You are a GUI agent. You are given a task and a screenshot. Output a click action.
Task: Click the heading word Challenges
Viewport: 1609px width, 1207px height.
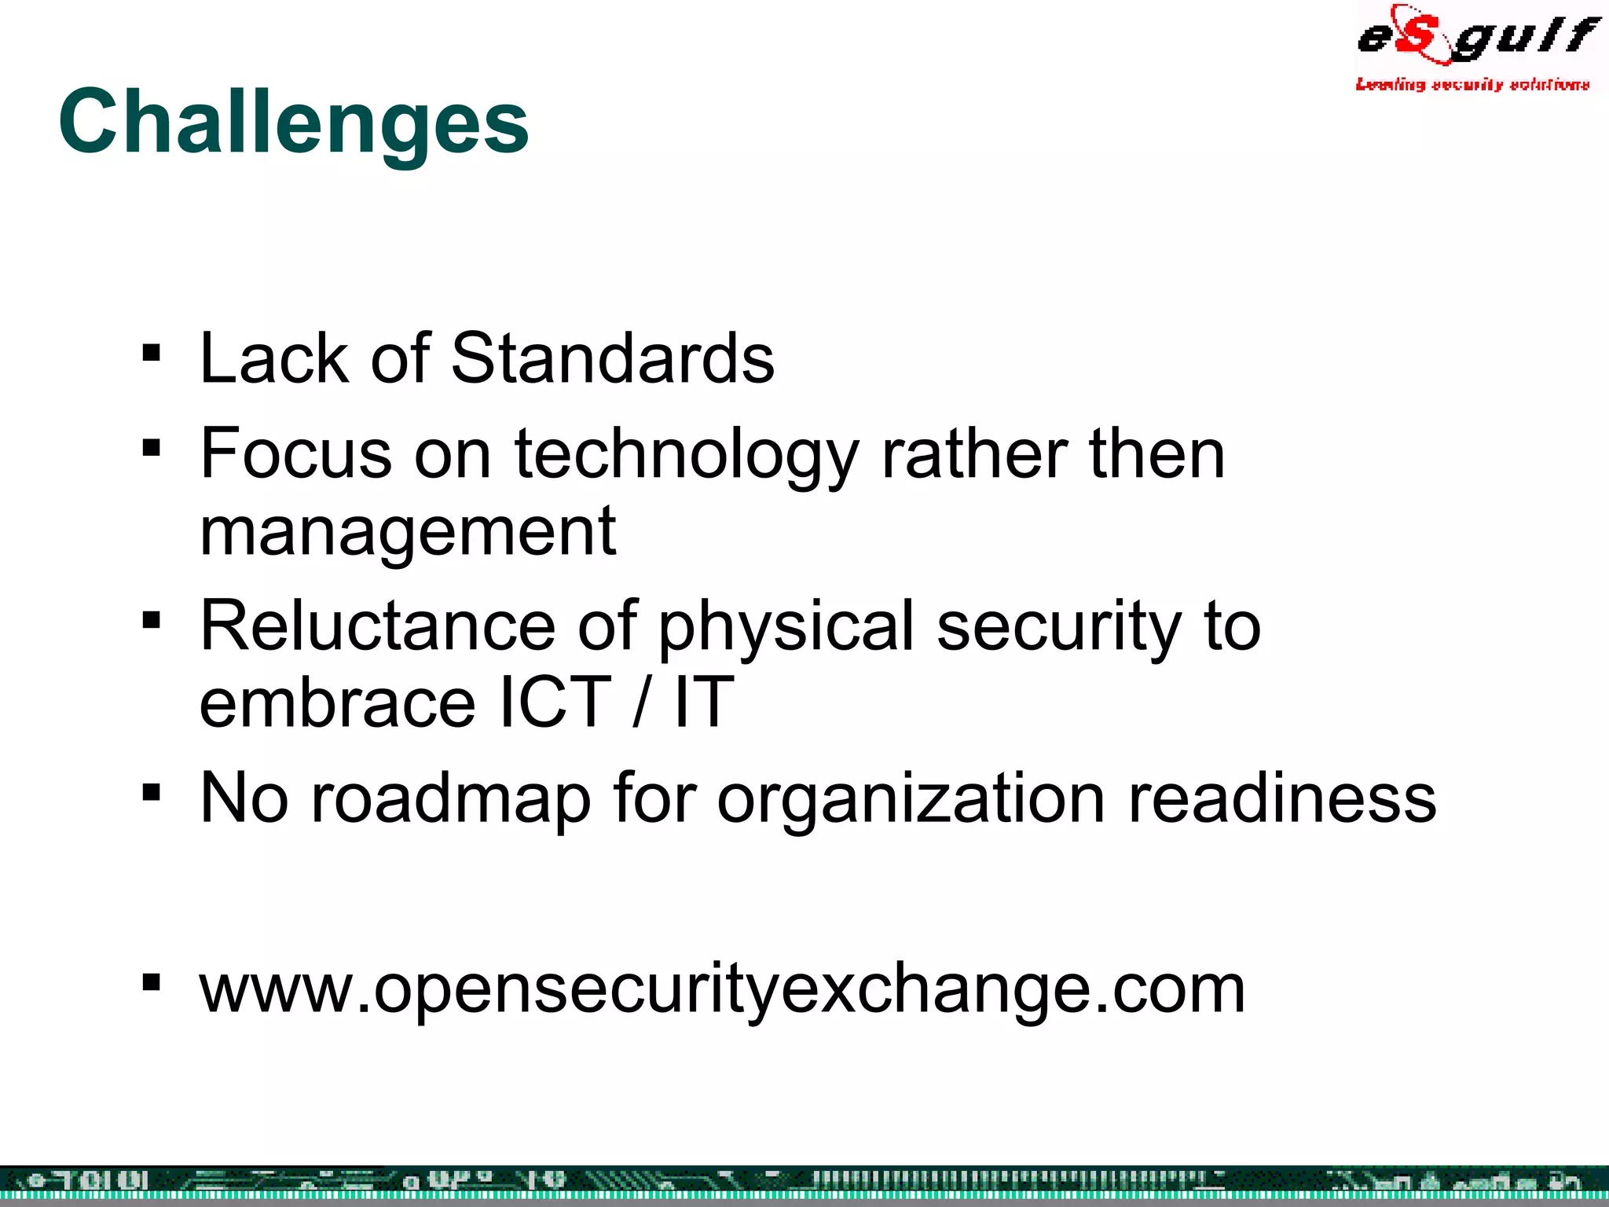click(x=293, y=122)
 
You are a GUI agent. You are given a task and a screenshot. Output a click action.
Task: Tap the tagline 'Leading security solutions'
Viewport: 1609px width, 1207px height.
click(x=1472, y=84)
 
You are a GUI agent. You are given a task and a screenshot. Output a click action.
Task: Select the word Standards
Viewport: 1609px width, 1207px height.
click(x=612, y=358)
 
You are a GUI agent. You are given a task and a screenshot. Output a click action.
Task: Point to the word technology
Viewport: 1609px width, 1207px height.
click(x=686, y=456)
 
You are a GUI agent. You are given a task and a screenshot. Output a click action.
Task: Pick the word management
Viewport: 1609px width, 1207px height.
click(x=408, y=532)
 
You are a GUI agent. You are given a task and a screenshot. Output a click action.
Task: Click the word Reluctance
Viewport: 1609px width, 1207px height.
click(x=378, y=626)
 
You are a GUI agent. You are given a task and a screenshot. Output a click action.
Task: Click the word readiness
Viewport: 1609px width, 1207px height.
click(x=1282, y=798)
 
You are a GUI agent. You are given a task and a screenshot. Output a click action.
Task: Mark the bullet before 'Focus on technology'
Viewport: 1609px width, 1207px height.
click(x=152, y=448)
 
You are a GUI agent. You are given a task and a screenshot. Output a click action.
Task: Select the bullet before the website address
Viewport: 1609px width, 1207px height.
click(x=152, y=982)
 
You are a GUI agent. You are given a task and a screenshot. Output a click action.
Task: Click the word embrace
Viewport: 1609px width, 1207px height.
click(x=338, y=702)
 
